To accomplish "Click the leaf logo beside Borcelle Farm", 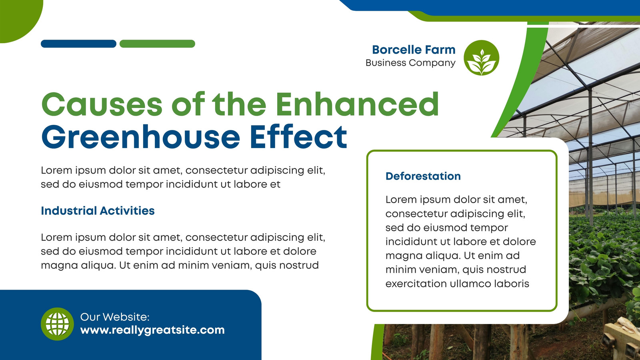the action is (x=482, y=58).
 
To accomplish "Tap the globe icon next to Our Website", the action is (x=58, y=324).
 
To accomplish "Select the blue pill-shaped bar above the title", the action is (x=78, y=44).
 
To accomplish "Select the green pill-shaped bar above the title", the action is (x=157, y=44).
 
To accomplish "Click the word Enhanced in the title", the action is (x=357, y=104).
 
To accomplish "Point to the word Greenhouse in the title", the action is (x=140, y=137).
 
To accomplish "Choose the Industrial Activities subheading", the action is (x=98, y=211).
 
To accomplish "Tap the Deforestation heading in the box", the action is (x=423, y=176).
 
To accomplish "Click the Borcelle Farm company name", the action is (x=414, y=50).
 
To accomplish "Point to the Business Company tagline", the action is (x=410, y=63).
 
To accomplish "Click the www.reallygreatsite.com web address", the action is (x=152, y=330).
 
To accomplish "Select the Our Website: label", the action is (x=115, y=317).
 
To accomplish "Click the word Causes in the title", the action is (x=102, y=104).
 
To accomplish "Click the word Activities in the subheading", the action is (x=127, y=211).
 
